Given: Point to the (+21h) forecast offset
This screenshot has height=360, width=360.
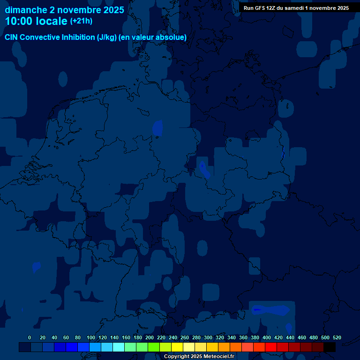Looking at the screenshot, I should pos(81,21).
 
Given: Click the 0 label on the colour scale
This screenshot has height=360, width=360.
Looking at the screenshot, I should pos(30,338).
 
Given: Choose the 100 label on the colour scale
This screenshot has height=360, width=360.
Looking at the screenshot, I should pos(91,338).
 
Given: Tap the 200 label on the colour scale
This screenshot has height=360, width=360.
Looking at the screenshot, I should pos(150,338).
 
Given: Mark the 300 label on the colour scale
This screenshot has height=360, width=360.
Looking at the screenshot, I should pos(208,338).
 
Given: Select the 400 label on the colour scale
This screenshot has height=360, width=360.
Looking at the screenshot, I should pos(267,338).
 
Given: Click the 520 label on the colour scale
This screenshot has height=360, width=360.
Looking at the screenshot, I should pos(337,338).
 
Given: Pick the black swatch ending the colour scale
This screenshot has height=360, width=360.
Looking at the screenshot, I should pos(330,347).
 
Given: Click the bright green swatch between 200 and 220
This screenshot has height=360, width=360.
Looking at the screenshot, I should pos(154,347).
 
